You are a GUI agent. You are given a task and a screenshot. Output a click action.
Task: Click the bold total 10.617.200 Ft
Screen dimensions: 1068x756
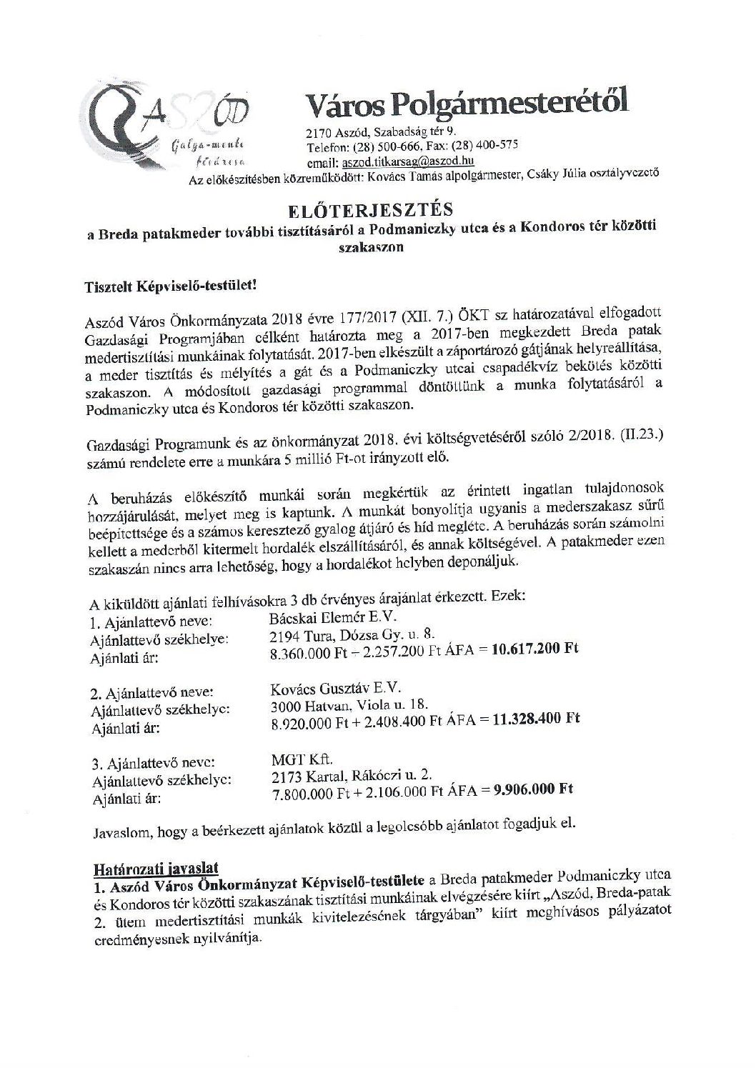[534, 649]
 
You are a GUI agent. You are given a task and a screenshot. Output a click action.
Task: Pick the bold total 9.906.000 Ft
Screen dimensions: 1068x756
[532, 789]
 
